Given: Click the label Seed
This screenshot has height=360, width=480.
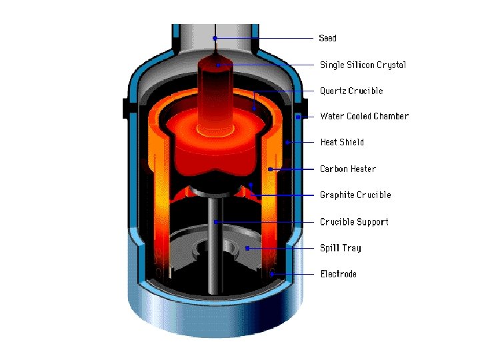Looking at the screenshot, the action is (328, 38).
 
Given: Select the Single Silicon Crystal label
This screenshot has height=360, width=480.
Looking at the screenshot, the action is (363, 65).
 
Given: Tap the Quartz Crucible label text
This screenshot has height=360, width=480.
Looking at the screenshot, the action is (351, 91).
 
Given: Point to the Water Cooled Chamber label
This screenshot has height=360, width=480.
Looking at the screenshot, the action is (364, 116).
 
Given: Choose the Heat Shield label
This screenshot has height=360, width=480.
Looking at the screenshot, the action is (342, 142).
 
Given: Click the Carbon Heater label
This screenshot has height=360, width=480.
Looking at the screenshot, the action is (347, 169).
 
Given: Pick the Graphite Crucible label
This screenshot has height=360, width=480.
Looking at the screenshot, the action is (355, 195).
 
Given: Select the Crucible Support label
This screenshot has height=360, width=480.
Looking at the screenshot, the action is (354, 221).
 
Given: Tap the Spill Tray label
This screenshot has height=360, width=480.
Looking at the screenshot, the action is (341, 247).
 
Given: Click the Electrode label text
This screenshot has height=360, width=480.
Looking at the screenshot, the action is (339, 274).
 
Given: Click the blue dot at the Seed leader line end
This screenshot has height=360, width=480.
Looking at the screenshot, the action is (215, 38).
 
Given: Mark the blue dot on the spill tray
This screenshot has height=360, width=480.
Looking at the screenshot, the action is (247, 248).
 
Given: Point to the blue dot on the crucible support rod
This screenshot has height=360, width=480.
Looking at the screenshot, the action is (215, 221).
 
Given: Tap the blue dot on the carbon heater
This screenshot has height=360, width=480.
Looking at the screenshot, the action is (270, 169).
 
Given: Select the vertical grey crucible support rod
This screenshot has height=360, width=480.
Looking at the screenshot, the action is (215, 253).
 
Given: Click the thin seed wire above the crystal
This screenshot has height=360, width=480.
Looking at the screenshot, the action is (215, 48).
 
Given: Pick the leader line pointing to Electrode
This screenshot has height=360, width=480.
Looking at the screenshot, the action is (293, 274).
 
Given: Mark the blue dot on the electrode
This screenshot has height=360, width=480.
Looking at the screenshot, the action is (272, 274).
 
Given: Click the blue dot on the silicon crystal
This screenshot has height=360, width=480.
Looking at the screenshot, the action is (217, 65).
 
